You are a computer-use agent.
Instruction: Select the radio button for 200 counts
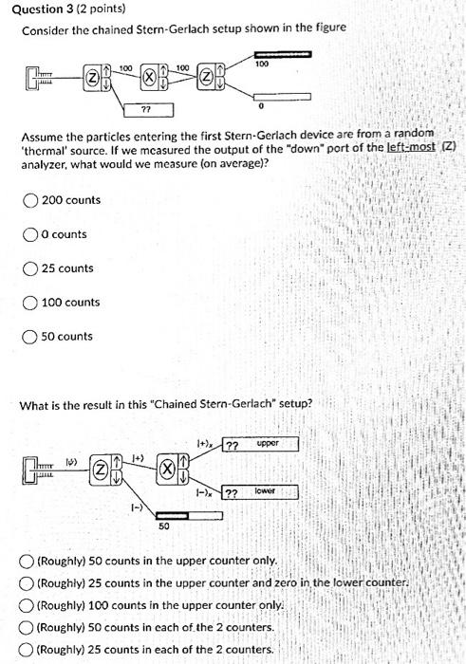[30, 200]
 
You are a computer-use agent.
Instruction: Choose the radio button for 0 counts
[30, 234]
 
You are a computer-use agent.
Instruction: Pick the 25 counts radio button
[30, 268]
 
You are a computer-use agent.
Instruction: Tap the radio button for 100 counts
[30, 303]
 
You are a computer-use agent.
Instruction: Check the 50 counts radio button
[30, 337]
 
